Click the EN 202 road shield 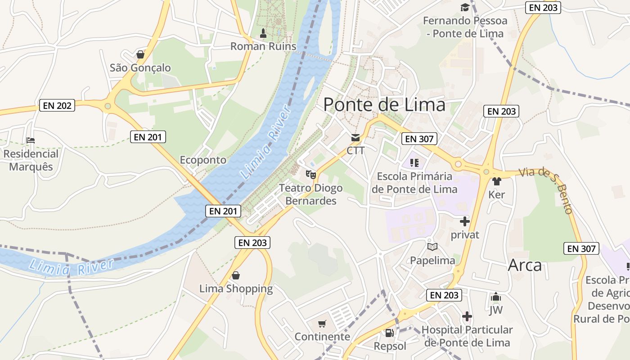(x=57, y=106)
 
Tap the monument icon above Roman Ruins (x=264, y=33)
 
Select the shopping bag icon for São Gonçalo (x=140, y=54)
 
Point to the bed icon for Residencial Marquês (x=31, y=140)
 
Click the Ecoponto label (x=203, y=160)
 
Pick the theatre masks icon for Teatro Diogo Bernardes (x=311, y=174)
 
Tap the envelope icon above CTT (x=355, y=137)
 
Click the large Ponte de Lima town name (x=384, y=105)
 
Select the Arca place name (x=525, y=265)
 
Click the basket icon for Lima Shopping (x=235, y=275)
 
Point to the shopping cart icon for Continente (x=322, y=324)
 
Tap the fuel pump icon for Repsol (x=390, y=333)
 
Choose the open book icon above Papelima (x=432, y=247)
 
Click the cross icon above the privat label (x=465, y=221)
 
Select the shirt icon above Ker (x=496, y=181)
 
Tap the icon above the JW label (x=496, y=297)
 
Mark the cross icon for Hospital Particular (x=467, y=316)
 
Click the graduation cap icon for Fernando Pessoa (x=464, y=8)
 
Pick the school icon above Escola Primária (x=414, y=162)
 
